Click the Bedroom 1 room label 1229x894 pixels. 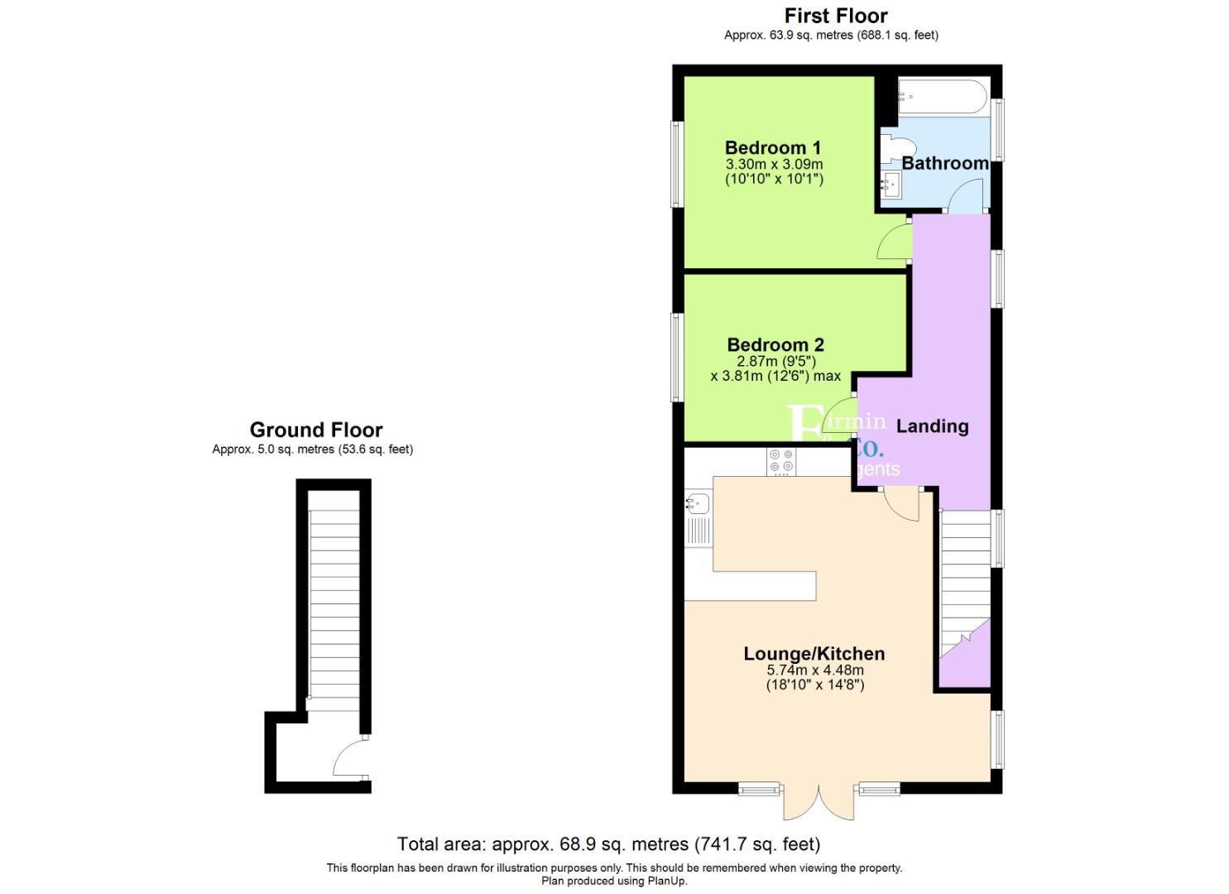pyautogui.click(x=772, y=148)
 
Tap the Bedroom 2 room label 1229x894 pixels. pyautogui.click(x=775, y=344)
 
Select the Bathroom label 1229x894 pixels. pyautogui.click(x=944, y=163)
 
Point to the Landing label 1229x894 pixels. pyautogui.click(x=932, y=426)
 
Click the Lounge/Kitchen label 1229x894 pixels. pyautogui.click(x=814, y=654)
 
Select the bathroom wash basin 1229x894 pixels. pyautogui.click(x=891, y=185)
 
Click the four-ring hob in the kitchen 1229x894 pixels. pyautogui.click(x=780, y=461)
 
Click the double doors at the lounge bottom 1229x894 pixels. pyautogui.click(x=819, y=800)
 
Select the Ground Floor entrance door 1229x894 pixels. pyautogui.click(x=351, y=758)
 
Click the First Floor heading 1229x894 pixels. pyautogui.click(x=835, y=16)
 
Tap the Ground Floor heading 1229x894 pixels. pyautogui.click(x=316, y=430)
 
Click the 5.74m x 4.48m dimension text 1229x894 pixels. pyautogui.click(x=814, y=670)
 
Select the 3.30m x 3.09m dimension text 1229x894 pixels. pyautogui.click(x=774, y=164)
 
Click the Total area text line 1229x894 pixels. pyautogui.click(x=608, y=844)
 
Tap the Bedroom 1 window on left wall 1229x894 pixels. pyautogui.click(x=677, y=164)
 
